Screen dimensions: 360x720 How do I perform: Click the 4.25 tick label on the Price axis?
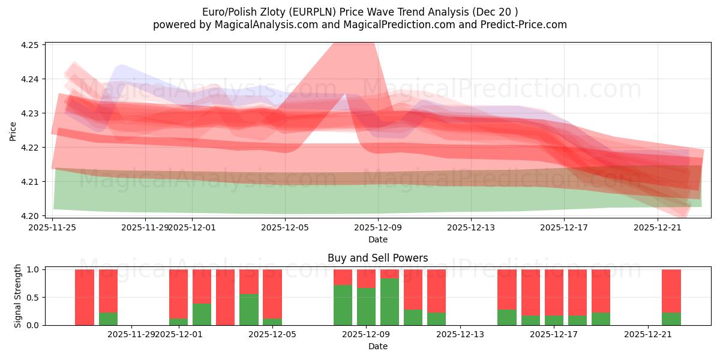pyautogui.click(x=30, y=45)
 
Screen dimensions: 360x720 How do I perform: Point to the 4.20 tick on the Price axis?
pyautogui.click(x=30, y=216)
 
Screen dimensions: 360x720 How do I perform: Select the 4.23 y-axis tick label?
pyautogui.click(x=30, y=113)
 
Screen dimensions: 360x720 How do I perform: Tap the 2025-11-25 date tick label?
pyautogui.click(x=52, y=227)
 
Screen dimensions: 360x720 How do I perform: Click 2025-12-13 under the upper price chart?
pyautogui.click(x=471, y=227)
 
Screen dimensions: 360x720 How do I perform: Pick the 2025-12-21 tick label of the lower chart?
pyautogui.click(x=648, y=334)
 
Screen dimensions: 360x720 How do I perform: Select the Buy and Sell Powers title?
pyautogui.click(x=377, y=259)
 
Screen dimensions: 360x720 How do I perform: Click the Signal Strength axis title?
pyautogui.click(x=18, y=296)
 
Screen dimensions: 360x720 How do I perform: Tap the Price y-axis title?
pyautogui.click(x=13, y=131)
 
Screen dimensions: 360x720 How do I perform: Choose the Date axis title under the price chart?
pyautogui.click(x=377, y=239)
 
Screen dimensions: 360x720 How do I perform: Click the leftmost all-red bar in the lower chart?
pyautogui.click(x=85, y=297)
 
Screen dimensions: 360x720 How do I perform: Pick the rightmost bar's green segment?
pyautogui.click(x=671, y=319)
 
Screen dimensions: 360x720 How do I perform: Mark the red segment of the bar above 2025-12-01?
pyautogui.click(x=178, y=293)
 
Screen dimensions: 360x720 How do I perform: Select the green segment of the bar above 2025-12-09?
pyautogui.click(x=366, y=307)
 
